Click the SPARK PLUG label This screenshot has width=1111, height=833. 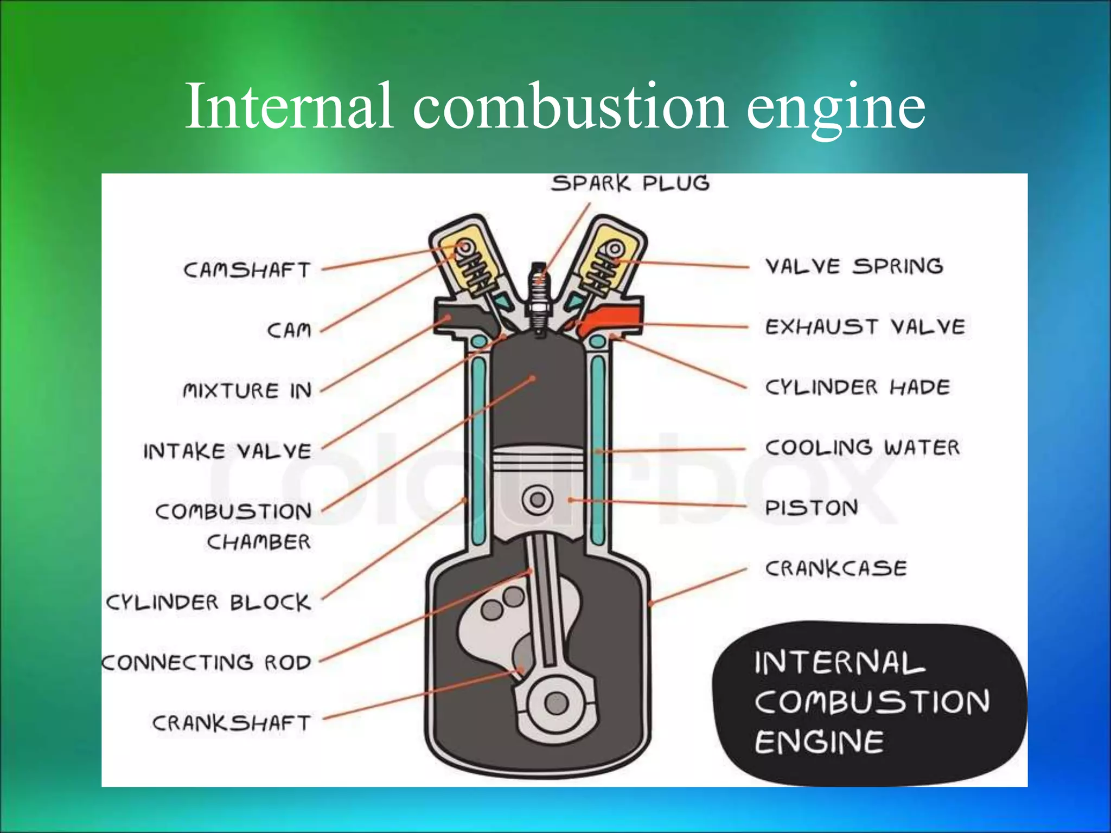pos(630,183)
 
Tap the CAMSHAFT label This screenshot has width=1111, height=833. pos(247,270)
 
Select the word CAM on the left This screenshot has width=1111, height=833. pos(289,330)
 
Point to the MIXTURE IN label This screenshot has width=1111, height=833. pos(247,390)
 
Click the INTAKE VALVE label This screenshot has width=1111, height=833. pos(227,451)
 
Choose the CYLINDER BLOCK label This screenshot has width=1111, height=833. pos(208,602)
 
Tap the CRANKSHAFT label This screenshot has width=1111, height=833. pos(231,723)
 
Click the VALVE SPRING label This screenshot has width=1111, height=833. pos(854,266)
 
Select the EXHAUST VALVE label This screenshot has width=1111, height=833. pos(865,327)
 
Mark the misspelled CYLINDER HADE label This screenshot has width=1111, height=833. pos(857,387)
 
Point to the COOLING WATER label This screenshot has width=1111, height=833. pos(862,448)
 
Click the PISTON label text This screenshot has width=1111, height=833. pos(811,508)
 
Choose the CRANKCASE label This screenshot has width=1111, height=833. pos(835,568)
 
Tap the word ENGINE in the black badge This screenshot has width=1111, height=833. pos(819,742)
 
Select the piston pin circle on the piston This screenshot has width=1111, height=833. pos(538,499)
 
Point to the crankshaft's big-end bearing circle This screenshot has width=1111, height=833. pos(555,704)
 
